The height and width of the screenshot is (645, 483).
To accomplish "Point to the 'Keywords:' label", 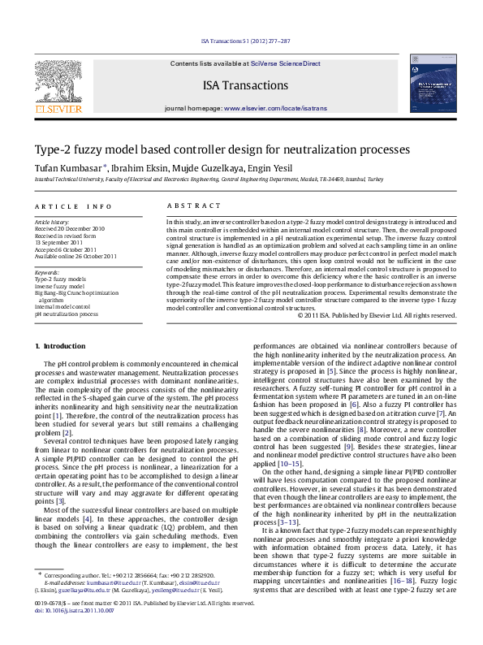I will point(47,274).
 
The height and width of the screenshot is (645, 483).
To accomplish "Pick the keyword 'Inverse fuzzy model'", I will point(59,287).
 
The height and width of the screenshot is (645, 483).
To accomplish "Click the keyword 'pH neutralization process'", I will point(66,313).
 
